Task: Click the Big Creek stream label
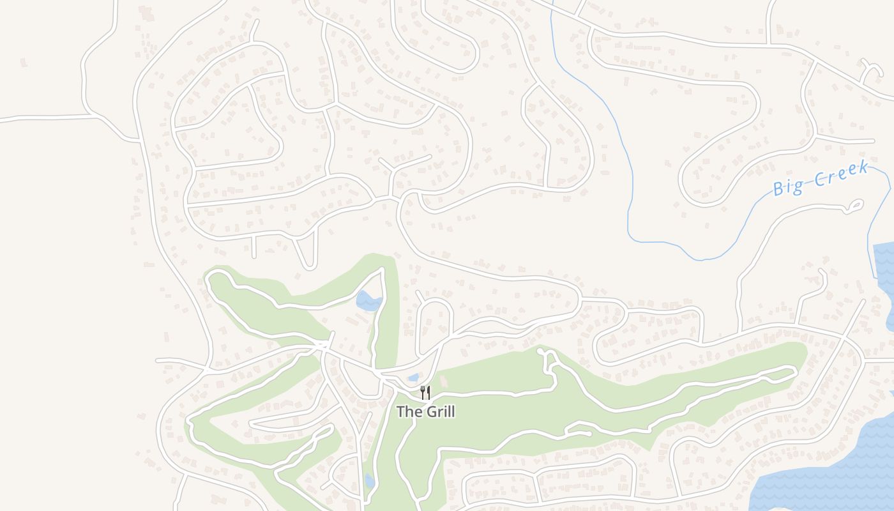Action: (820, 178)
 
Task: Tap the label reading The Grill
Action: (425, 412)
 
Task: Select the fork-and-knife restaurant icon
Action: (425, 392)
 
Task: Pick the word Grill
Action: (439, 412)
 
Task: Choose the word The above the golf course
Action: (409, 412)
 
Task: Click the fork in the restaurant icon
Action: (422, 392)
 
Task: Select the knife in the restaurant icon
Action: (428, 392)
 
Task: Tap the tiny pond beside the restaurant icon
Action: (413, 378)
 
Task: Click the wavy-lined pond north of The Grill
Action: (368, 301)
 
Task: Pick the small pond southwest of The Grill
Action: (369, 480)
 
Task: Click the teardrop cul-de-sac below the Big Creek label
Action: (854, 205)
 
